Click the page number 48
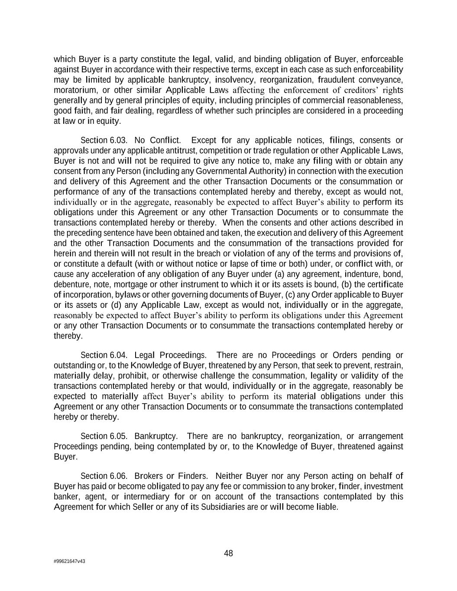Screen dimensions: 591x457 [228, 553]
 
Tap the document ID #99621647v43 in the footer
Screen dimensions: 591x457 [69, 561]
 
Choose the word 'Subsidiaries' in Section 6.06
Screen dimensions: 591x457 [223, 507]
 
